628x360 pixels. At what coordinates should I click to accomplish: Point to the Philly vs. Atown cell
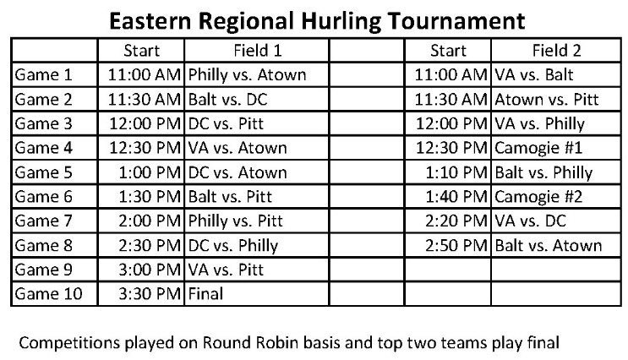click(247, 75)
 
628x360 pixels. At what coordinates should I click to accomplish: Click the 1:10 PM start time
click(457, 173)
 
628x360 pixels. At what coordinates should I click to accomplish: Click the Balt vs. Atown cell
click(549, 246)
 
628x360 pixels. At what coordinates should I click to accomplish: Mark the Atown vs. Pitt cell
click(547, 100)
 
